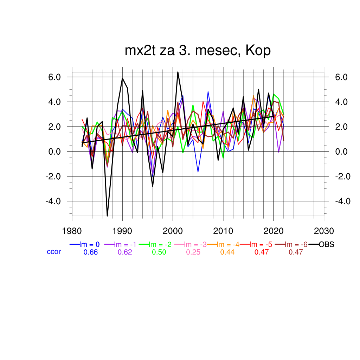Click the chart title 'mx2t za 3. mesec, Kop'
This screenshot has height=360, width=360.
pyautogui.click(x=198, y=51)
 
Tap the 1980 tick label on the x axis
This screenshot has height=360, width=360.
pyautogui.click(x=72, y=231)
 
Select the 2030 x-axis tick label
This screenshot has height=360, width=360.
pyautogui.click(x=324, y=231)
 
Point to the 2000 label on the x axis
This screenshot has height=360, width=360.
pyautogui.click(x=173, y=231)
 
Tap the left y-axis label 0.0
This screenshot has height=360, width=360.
pyautogui.click(x=56, y=152)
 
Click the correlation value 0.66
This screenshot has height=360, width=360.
pyautogui.click(x=90, y=252)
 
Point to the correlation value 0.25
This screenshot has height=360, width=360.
pyautogui.click(x=193, y=252)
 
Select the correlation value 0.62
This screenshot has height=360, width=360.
pyautogui.click(x=125, y=252)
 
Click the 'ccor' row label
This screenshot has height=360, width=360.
pyautogui.click(x=54, y=252)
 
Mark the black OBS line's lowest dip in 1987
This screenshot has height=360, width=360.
pyautogui.click(x=107, y=216)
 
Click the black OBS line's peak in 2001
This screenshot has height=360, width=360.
pyautogui.click(x=178, y=72)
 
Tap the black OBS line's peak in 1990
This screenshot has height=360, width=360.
pyautogui.click(x=122, y=78)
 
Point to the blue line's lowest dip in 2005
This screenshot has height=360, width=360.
pyautogui.click(x=198, y=172)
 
